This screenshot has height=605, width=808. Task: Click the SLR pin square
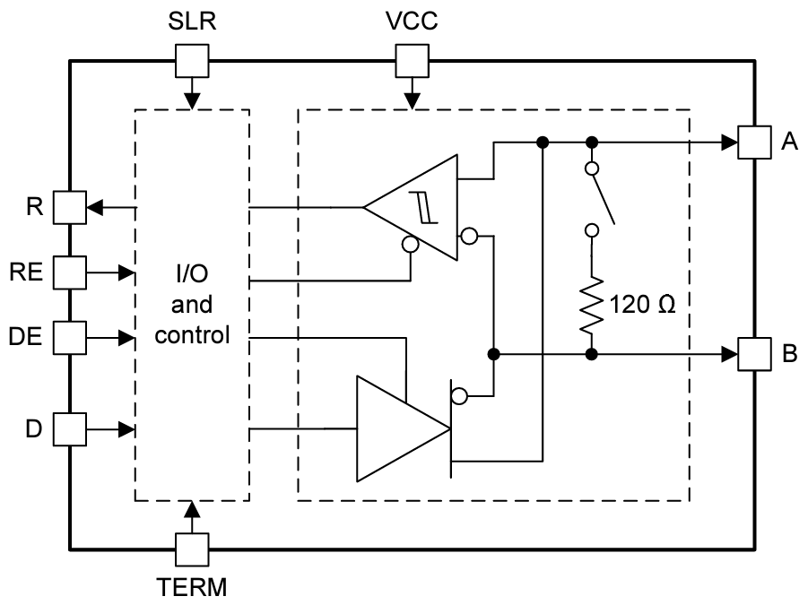pos(192,62)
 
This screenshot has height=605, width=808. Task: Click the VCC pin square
pos(412,62)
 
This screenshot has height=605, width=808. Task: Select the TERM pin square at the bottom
pos(192,549)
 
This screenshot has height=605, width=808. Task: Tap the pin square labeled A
pos(753,142)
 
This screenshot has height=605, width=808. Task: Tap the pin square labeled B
pos(753,353)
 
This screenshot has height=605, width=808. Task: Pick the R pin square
pos(69,208)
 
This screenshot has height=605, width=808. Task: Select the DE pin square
pos(69,337)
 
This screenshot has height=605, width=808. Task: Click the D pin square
pos(69,428)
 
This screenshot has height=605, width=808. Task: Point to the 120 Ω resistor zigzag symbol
pos(591,304)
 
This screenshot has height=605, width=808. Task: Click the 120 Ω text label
pos(642,304)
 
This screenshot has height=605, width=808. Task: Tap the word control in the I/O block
pos(192,337)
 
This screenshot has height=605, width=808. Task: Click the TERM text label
pos(192,588)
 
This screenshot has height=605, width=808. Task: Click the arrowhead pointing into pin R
pos(93,208)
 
